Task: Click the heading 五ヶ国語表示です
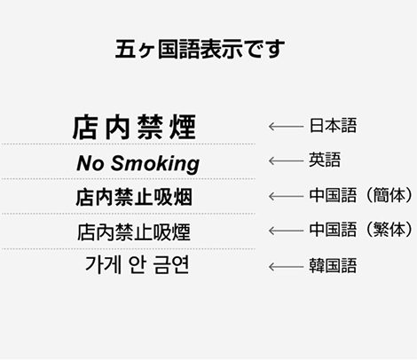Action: click(x=200, y=49)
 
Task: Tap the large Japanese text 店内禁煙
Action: click(x=134, y=127)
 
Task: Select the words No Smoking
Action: click(x=138, y=163)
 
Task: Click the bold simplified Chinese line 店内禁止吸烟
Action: click(x=134, y=197)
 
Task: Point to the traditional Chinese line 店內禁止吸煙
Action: click(x=134, y=232)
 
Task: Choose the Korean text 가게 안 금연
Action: click(x=137, y=264)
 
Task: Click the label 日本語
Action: click(x=333, y=125)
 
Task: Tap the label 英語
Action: click(x=325, y=160)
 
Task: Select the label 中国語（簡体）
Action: click(x=360, y=195)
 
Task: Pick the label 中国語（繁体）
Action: click(x=360, y=230)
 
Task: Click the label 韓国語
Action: click(x=333, y=265)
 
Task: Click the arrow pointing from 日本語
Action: click(x=286, y=127)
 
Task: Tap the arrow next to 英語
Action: click(x=286, y=161)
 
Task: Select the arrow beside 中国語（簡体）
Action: click(x=286, y=196)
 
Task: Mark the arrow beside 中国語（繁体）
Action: click(x=286, y=231)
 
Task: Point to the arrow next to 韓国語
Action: click(x=286, y=267)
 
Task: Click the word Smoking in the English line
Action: click(x=155, y=164)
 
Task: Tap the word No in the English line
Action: click(x=90, y=163)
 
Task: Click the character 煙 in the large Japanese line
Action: click(x=183, y=127)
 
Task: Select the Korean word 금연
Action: click(x=171, y=264)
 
